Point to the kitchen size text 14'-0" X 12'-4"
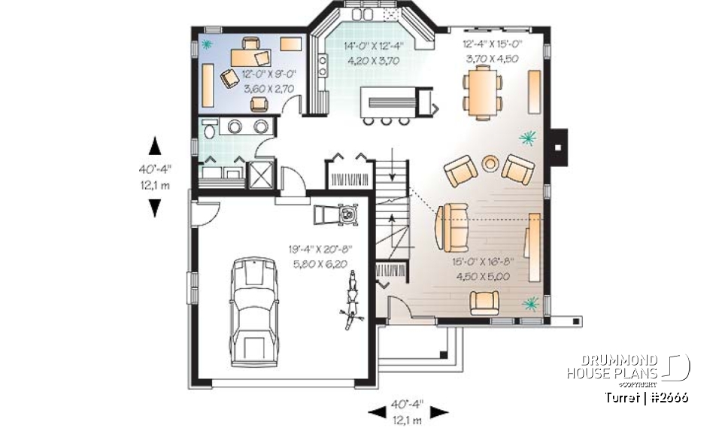(373, 46)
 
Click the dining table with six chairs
(483, 89)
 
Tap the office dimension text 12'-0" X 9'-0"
(266, 74)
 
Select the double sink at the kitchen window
(363, 14)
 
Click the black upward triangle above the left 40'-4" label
(154, 145)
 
